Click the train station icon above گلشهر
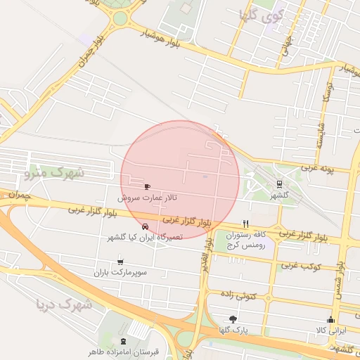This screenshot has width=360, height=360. (x=280, y=184)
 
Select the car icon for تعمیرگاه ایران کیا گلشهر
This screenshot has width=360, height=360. (x=145, y=226)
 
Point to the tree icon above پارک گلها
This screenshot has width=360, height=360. (x=233, y=319)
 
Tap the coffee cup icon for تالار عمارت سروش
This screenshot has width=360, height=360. (x=147, y=187)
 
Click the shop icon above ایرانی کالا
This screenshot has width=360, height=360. (x=331, y=320)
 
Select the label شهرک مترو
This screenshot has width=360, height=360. (x=53, y=172)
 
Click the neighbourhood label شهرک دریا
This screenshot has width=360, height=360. (x=64, y=304)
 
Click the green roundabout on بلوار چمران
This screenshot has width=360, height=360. (x=122, y=18)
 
